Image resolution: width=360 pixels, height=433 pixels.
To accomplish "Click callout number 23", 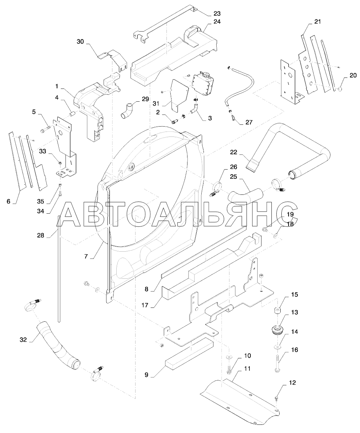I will click(217, 14).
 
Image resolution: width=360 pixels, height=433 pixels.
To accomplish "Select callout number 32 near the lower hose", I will click(23, 340).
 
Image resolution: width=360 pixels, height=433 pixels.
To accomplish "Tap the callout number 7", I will click(86, 256).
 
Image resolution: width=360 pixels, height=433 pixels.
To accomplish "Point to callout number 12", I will click(292, 383).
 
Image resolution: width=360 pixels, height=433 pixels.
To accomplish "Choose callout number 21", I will click(317, 22).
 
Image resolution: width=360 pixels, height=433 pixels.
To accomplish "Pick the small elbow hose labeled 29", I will click(126, 110).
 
